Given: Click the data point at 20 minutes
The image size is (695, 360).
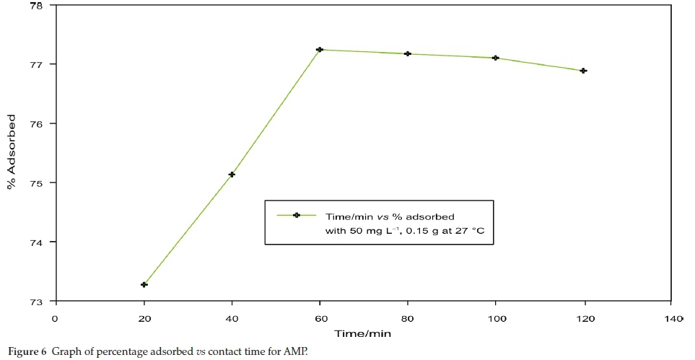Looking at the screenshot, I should coord(144,285).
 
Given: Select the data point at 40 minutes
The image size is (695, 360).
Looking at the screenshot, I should coord(232,175).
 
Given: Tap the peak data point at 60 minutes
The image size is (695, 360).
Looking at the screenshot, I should coord(320,50).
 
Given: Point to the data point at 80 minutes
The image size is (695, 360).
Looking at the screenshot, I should coord(408,54).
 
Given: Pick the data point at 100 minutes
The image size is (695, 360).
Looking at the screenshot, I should coord(496,58).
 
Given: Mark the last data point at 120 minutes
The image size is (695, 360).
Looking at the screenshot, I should coord(584,71).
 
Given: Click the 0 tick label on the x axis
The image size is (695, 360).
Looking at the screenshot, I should coord(56,317).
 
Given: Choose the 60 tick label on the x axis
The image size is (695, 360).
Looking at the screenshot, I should coord(320,317).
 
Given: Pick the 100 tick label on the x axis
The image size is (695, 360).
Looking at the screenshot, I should coord(496,317).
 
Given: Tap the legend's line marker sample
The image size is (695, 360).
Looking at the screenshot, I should coord(296,215).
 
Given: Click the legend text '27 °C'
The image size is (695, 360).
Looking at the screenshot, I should coord(468,231).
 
